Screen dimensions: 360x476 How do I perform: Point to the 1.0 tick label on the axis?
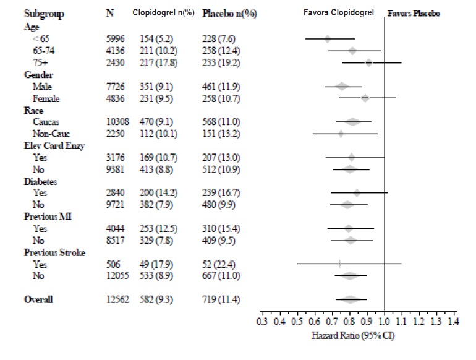pos(384,321)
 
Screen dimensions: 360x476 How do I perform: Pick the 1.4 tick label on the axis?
pos(453,321)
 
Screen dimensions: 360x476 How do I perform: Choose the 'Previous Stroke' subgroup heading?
pos(54,252)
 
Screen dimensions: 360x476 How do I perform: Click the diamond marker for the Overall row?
pos(351,299)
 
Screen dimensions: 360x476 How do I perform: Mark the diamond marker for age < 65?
pos(328,39)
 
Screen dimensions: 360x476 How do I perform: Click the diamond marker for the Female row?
pos(365,98)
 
